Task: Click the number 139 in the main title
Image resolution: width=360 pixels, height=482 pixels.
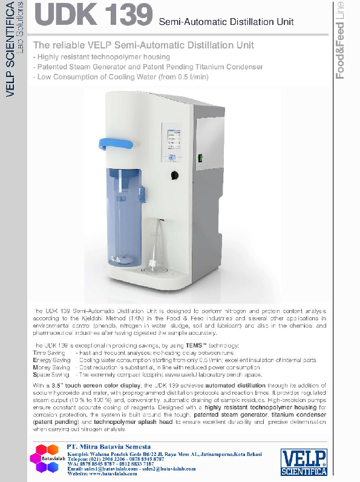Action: click(x=122, y=15)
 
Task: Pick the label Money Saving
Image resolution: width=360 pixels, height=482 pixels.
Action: click(x=51, y=368)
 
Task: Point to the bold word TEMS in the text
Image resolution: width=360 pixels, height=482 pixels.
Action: click(x=166, y=345)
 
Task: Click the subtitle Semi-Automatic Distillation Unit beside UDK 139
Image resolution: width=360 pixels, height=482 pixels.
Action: click(x=226, y=22)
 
